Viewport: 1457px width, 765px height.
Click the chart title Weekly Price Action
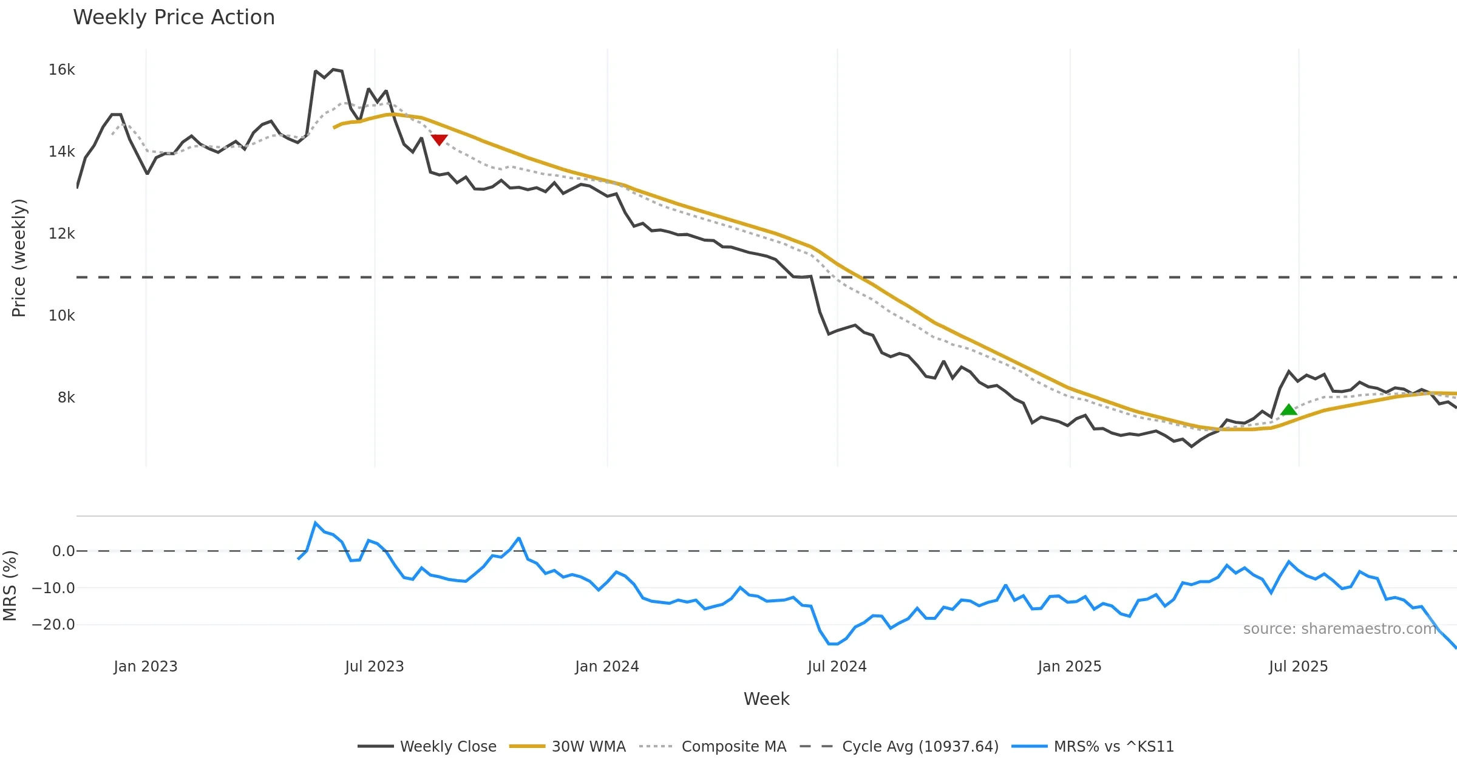(x=174, y=18)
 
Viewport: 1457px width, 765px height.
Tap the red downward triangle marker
(x=439, y=140)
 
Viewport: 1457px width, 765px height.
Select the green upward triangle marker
(x=1288, y=410)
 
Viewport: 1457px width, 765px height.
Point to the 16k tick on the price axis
(x=61, y=70)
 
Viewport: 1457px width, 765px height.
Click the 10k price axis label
(x=61, y=316)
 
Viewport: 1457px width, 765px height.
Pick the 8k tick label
(x=66, y=398)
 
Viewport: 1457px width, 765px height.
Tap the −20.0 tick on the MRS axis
(x=53, y=625)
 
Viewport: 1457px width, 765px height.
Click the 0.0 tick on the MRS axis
(x=63, y=551)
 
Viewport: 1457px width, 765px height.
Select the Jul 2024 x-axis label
(x=837, y=667)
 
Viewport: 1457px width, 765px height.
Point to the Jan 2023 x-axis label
(x=146, y=667)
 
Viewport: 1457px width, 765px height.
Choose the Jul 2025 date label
(x=1298, y=667)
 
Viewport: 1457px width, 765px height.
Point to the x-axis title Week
(x=766, y=699)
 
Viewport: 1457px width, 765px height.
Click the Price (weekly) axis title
(x=19, y=258)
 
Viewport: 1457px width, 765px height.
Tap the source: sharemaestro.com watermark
(x=1339, y=629)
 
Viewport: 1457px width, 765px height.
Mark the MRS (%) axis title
(x=10, y=586)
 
